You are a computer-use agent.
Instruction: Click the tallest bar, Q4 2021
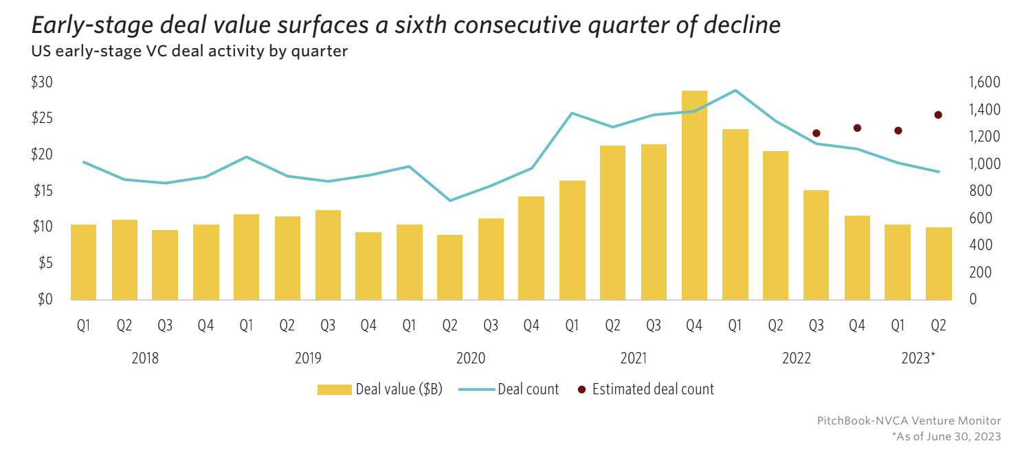(694, 196)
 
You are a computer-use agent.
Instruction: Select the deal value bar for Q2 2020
(450, 268)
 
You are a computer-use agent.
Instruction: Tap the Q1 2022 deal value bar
(735, 214)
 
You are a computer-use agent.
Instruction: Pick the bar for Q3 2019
(328, 255)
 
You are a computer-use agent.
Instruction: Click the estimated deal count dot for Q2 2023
(938, 115)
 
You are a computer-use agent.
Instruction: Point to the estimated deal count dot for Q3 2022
(817, 133)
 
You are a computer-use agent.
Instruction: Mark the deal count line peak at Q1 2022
(735, 90)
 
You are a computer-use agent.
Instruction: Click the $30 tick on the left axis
(42, 82)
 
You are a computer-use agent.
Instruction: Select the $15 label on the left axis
(42, 191)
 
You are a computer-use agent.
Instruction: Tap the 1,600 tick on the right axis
(984, 82)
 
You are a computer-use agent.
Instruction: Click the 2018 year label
(145, 358)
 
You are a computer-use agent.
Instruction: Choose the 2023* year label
(918, 358)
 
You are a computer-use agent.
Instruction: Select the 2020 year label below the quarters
(471, 358)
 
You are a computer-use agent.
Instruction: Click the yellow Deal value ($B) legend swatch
(335, 389)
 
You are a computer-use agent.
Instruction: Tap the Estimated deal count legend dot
(582, 389)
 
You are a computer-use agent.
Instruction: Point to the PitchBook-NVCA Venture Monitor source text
(909, 420)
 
